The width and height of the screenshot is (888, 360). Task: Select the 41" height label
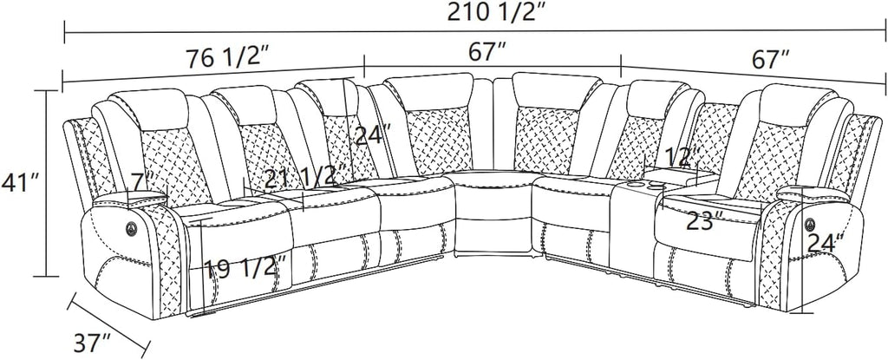[19, 183]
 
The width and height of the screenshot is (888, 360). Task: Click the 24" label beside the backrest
[372, 136]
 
